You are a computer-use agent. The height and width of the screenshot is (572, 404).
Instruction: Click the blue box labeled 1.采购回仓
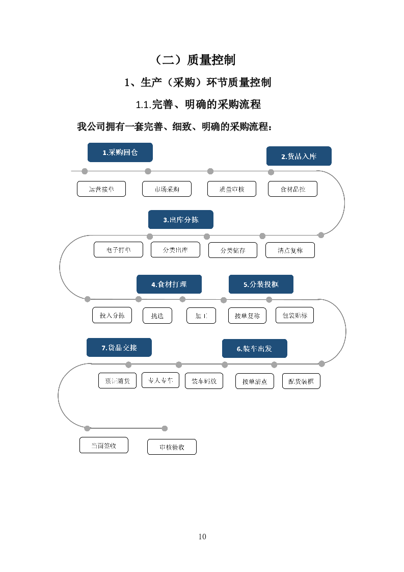pyautogui.click(x=120, y=152)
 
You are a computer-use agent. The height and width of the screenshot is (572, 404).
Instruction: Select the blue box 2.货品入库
pyautogui.click(x=299, y=156)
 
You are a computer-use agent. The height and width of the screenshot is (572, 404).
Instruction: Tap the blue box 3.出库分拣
pyautogui.click(x=180, y=220)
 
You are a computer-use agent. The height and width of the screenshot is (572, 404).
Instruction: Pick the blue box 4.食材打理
pyautogui.click(x=169, y=284)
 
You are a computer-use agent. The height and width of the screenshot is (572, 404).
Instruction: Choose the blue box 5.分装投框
pyautogui.click(x=261, y=284)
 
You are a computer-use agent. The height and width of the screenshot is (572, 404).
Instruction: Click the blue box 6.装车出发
pyautogui.click(x=254, y=349)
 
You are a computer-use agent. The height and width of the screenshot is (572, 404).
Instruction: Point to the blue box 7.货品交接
pyautogui.click(x=119, y=348)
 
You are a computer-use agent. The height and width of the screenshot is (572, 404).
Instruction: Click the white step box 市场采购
pyautogui.click(x=167, y=189)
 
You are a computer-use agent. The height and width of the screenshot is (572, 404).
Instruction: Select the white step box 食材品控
pyautogui.click(x=292, y=189)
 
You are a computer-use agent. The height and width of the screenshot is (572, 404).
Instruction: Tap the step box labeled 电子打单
pyautogui.click(x=118, y=250)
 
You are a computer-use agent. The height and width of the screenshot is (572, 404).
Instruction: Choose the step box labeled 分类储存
pyautogui.click(x=232, y=250)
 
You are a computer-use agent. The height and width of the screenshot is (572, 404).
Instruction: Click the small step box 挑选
pyautogui.click(x=157, y=316)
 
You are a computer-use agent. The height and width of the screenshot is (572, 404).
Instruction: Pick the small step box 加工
pyautogui.click(x=201, y=316)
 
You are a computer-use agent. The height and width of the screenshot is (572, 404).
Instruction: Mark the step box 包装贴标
pyautogui.click(x=294, y=315)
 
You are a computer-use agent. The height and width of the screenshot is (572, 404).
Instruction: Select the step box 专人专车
pyautogui.click(x=160, y=380)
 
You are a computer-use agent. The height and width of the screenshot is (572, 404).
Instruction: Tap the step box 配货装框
pyautogui.click(x=301, y=381)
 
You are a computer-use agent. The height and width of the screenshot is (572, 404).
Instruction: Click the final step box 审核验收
pyautogui.click(x=172, y=447)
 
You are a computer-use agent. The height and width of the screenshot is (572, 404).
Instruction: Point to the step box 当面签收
pyautogui.click(x=103, y=445)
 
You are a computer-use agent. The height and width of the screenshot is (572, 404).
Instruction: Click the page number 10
pyautogui.click(x=202, y=536)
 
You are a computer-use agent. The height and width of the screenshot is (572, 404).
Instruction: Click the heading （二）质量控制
pyautogui.click(x=195, y=60)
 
